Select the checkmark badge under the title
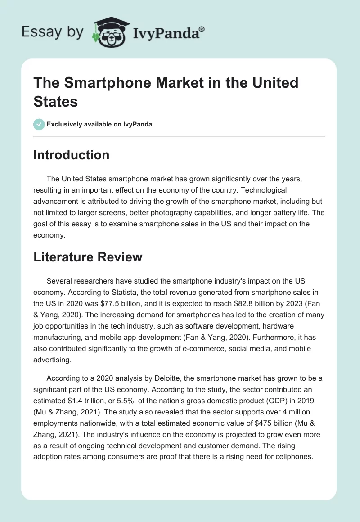click(39, 124)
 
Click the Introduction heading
click(72, 155)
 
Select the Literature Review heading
click(88, 257)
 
